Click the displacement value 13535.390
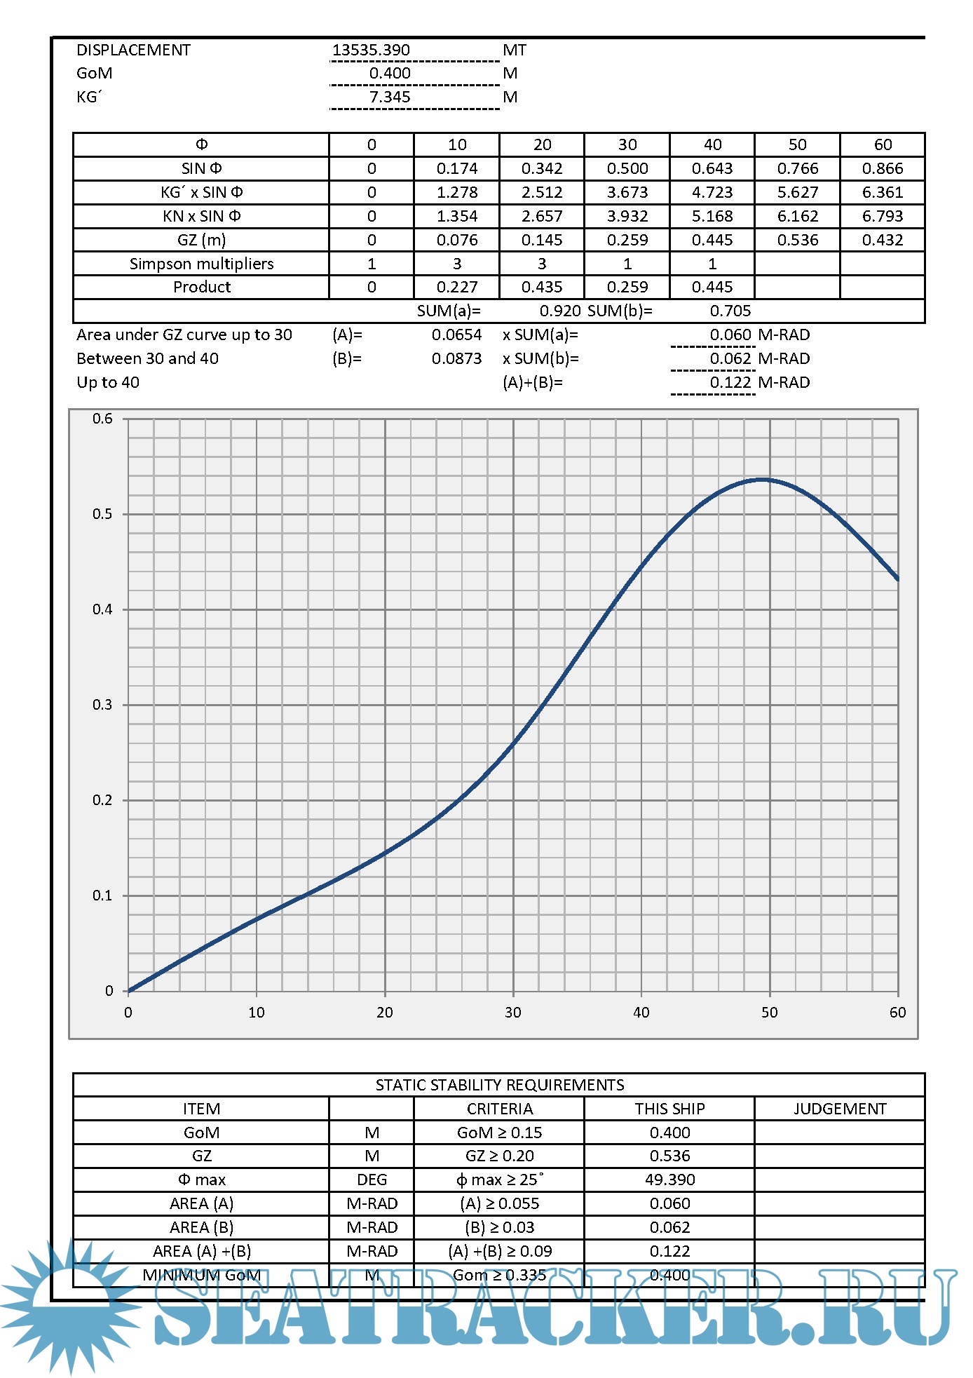coord(371,50)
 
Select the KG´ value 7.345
coord(390,97)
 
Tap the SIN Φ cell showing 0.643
coord(712,168)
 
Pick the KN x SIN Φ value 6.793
coord(883,216)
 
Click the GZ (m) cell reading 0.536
coord(798,240)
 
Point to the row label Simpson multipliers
coord(202,264)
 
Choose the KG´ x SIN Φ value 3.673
coord(627,192)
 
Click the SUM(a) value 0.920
coord(560,311)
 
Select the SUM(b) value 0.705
coord(730,311)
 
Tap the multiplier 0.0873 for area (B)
coord(457,358)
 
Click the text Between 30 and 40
coord(147,358)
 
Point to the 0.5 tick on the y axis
coord(102,514)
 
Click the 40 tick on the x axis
coord(641,1012)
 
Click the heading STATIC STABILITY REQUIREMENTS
coord(500,1085)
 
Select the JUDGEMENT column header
coord(840,1109)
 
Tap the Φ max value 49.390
coord(670,1180)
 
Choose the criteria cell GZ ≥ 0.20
coord(500,1156)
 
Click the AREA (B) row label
coord(202,1227)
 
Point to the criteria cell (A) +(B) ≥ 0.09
coord(500,1251)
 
